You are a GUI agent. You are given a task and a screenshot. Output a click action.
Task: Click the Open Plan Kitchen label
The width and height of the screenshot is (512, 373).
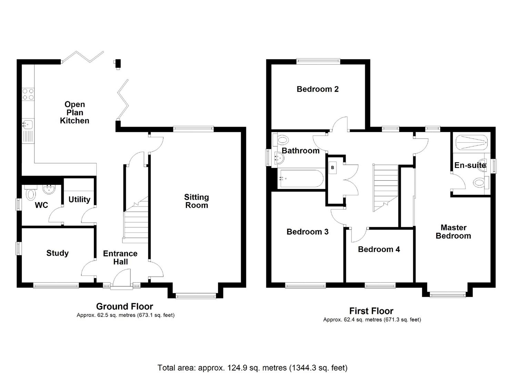click(x=74, y=113)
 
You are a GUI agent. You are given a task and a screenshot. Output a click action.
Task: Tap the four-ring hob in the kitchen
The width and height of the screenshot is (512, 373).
click(x=28, y=94)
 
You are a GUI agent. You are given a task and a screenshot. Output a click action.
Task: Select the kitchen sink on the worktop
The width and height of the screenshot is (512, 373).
click(x=28, y=124)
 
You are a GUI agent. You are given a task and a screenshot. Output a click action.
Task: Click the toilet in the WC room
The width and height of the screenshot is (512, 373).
click(x=31, y=194)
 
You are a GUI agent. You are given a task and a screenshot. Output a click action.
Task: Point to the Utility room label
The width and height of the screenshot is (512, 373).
click(x=79, y=200)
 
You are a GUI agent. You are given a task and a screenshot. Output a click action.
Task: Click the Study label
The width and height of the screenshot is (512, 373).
click(x=58, y=253)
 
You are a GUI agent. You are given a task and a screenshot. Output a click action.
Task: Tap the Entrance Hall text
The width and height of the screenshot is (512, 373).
click(x=120, y=258)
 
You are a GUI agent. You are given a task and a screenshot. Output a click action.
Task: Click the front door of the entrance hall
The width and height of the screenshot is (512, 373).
click(x=122, y=278)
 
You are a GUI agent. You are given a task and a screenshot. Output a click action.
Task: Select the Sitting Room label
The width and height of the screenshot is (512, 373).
click(x=197, y=201)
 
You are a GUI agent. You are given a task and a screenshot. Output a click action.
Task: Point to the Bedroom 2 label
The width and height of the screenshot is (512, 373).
click(x=318, y=89)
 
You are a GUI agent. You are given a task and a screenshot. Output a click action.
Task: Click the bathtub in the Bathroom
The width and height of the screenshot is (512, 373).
click(x=301, y=179)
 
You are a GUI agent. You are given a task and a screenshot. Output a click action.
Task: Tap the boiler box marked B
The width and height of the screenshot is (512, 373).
click(x=332, y=168)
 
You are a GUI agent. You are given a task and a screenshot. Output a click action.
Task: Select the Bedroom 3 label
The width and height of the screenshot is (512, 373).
click(x=308, y=232)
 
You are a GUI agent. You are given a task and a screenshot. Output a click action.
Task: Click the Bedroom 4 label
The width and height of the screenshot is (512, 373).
click(x=379, y=249)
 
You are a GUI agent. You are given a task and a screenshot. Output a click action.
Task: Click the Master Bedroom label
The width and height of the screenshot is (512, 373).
click(x=453, y=232)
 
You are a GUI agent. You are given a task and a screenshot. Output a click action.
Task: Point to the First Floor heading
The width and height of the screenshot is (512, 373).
click(x=371, y=311)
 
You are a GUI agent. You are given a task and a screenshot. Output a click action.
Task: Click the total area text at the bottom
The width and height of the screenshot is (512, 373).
click(x=252, y=368)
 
